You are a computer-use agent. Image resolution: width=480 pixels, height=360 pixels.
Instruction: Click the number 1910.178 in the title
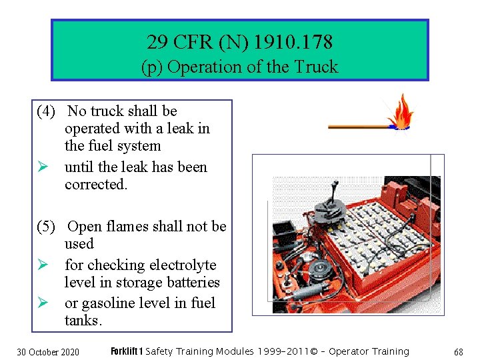coord(293,41)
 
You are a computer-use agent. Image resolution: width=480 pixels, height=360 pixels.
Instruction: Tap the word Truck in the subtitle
coord(316,67)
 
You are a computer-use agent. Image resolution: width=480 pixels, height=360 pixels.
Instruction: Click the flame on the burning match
coord(401,111)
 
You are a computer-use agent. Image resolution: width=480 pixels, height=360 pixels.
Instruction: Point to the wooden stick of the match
coord(359,127)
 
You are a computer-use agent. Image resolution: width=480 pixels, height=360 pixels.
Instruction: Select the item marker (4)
coord(46,111)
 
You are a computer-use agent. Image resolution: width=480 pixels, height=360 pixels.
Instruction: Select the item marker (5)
coord(46,227)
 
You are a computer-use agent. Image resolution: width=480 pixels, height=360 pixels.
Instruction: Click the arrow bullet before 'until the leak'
coord(43,167)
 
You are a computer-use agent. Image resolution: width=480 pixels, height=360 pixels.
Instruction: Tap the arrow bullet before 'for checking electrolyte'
coord(43,265)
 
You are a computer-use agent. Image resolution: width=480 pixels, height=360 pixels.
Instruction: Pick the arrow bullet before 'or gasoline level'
coord(43,303)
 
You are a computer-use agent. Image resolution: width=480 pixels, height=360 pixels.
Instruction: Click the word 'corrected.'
coord(96,184)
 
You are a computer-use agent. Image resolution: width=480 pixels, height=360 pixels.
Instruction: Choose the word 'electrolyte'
coord(183,265)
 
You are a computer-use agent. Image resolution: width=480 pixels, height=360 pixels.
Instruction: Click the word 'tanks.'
coord(83,321)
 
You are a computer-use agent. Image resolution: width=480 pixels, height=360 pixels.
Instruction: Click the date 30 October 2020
coord(48,352)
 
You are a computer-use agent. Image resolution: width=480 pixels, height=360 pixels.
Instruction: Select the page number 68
coord(459,352)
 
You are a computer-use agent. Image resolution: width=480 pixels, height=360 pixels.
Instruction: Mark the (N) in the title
coord(233,42)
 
